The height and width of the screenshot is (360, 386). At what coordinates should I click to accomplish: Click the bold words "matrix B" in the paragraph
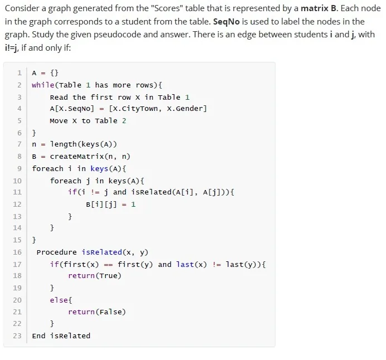tap(319, 8)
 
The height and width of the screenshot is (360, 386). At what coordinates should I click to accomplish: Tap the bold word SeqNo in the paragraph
tap(226, 22)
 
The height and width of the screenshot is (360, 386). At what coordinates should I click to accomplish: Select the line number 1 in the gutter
tap(19, 73)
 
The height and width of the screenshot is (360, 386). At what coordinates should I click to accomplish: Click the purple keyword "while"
tap(43, 85)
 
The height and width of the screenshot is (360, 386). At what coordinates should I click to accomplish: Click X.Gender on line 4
tap(184, 109)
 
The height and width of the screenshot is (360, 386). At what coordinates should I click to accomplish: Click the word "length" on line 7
tap(63, 144)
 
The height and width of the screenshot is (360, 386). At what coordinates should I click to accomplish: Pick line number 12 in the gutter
tap(17, 204)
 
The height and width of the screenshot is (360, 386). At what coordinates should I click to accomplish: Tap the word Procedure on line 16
tap(57, 252)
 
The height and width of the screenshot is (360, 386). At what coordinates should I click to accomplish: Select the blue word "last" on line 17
tap(185, 265)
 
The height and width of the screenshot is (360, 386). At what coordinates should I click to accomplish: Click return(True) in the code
tap(95, 275)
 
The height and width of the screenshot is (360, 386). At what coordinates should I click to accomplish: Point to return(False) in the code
tap(97, 312)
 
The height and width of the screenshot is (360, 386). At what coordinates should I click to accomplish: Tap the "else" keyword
tap(59, 300)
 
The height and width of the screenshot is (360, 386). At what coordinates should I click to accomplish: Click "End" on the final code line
tap(38, 336)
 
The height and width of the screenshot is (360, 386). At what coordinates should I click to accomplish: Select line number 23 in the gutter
tap(17, 336)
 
